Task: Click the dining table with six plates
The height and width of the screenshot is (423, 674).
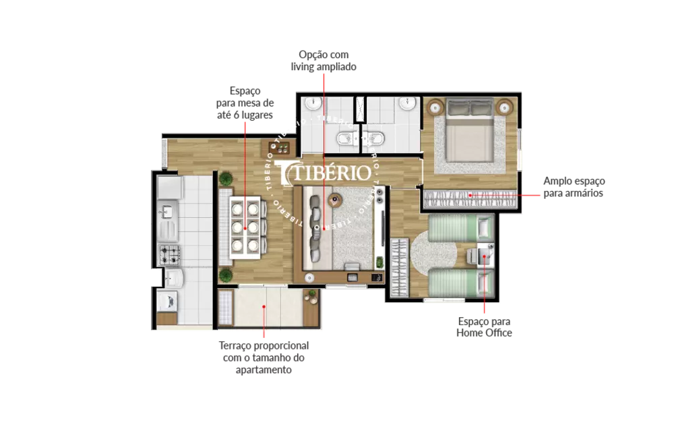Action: coord(245,227)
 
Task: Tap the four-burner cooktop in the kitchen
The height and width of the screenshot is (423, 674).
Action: coord(168,255)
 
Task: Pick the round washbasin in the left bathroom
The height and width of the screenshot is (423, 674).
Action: coord(312,104)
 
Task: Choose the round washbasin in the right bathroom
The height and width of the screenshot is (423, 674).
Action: coord(406,104)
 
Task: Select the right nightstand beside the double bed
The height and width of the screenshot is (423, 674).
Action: coord(505,106)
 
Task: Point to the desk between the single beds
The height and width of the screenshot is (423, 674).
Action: coord(484,256)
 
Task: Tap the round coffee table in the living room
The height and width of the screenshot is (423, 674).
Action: coord(336,200)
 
